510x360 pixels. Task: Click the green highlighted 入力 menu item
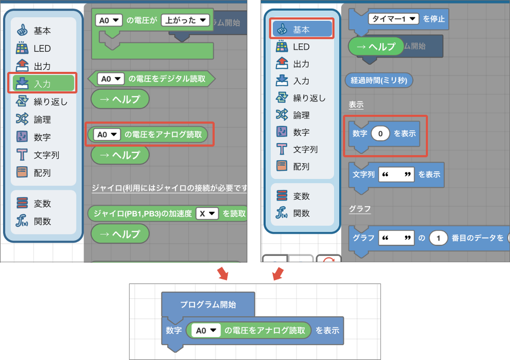click(x=42, y=84)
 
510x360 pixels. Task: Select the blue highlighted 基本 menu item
click(x=302, y=30)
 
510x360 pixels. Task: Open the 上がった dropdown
click(x=186, y=20)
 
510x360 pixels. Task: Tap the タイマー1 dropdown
click(x=393, y=19)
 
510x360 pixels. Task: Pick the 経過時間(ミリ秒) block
click(x=379, y=80)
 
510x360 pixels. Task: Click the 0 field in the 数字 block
click(x=380, y=134)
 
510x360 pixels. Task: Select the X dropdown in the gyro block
click(x=207, y=213)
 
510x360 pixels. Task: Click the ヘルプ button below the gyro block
click(x=120, y=234)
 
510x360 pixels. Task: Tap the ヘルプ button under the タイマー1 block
click(x=376, y=46)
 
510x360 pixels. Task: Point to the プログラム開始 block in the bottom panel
click(x=208, y=304)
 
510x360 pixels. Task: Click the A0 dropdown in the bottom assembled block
click(x=206, y=330)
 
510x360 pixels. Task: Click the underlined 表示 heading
click(x=356, y=105)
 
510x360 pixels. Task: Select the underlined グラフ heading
click(x=360, y=209)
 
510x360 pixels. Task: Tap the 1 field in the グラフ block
click(x=438, y=238)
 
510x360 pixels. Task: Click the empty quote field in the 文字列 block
click(x=397, y=174)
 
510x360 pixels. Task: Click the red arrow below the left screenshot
click(x=222, y=274)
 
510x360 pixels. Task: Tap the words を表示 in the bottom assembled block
click(x=327, y=330)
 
